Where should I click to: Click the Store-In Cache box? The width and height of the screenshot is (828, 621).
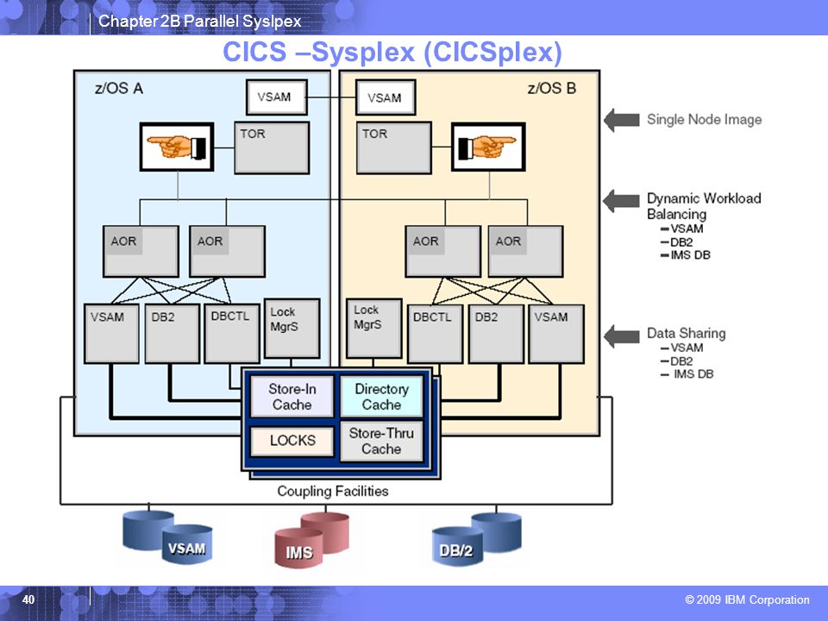(292, 396)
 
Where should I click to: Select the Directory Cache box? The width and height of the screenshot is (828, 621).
(381, 396)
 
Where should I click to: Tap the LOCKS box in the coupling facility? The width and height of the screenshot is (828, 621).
(292, 441)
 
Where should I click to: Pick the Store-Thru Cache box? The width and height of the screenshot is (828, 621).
(381, 441)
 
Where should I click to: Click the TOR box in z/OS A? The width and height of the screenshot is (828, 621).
(272, 147)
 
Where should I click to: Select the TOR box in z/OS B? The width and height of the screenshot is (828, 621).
(394, 147)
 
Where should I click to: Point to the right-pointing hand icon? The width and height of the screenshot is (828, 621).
(488, 147)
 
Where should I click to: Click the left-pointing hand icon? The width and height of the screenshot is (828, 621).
(177, 147)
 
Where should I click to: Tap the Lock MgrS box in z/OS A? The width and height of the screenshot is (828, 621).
(292, 329)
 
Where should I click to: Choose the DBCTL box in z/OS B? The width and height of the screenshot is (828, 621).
(435, 334)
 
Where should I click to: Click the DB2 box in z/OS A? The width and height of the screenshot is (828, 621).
(172, 333)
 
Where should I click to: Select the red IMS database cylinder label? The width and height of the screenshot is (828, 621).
(299, 552)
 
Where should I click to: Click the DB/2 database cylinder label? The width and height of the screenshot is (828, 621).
(457, 550)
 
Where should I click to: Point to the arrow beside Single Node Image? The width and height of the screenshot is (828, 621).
(622, 120)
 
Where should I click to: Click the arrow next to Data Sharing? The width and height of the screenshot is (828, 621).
(622, 336)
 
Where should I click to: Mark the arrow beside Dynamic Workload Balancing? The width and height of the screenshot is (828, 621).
(622, 201)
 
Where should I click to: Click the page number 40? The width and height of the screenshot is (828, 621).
(28, 599)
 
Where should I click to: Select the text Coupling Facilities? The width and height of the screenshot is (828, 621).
(333, 491)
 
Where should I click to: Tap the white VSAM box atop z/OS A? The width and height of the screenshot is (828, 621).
(277, 97)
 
